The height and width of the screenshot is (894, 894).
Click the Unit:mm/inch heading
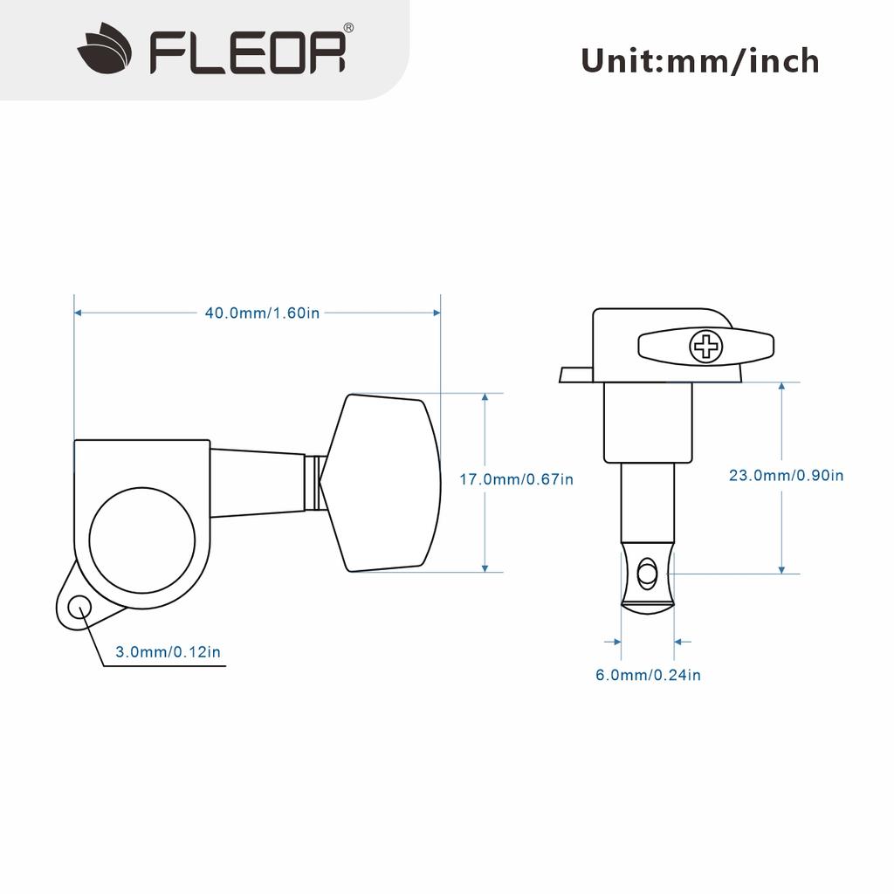(700, 61)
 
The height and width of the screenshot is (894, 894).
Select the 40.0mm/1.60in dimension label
(262, 313)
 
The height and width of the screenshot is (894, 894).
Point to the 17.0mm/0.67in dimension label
(517, 479)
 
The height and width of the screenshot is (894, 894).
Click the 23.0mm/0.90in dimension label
(787, 476)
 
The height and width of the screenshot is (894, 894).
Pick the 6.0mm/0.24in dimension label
(648, 674)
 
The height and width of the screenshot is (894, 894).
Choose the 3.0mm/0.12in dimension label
(168, 651)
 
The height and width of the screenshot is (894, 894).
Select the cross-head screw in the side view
(706, 347)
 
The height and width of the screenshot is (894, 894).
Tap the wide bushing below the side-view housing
(647, 423)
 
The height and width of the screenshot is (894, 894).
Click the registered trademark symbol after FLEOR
(348, 28)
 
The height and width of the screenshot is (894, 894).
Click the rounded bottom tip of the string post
(647, 606)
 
